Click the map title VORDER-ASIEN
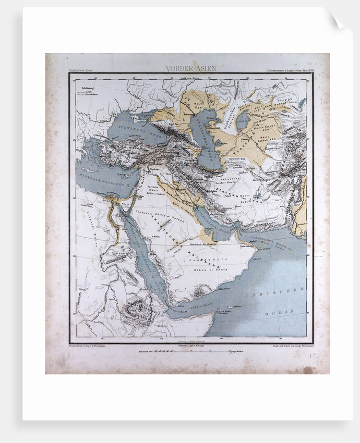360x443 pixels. (190, 68)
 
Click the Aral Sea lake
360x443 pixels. (243, 120)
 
